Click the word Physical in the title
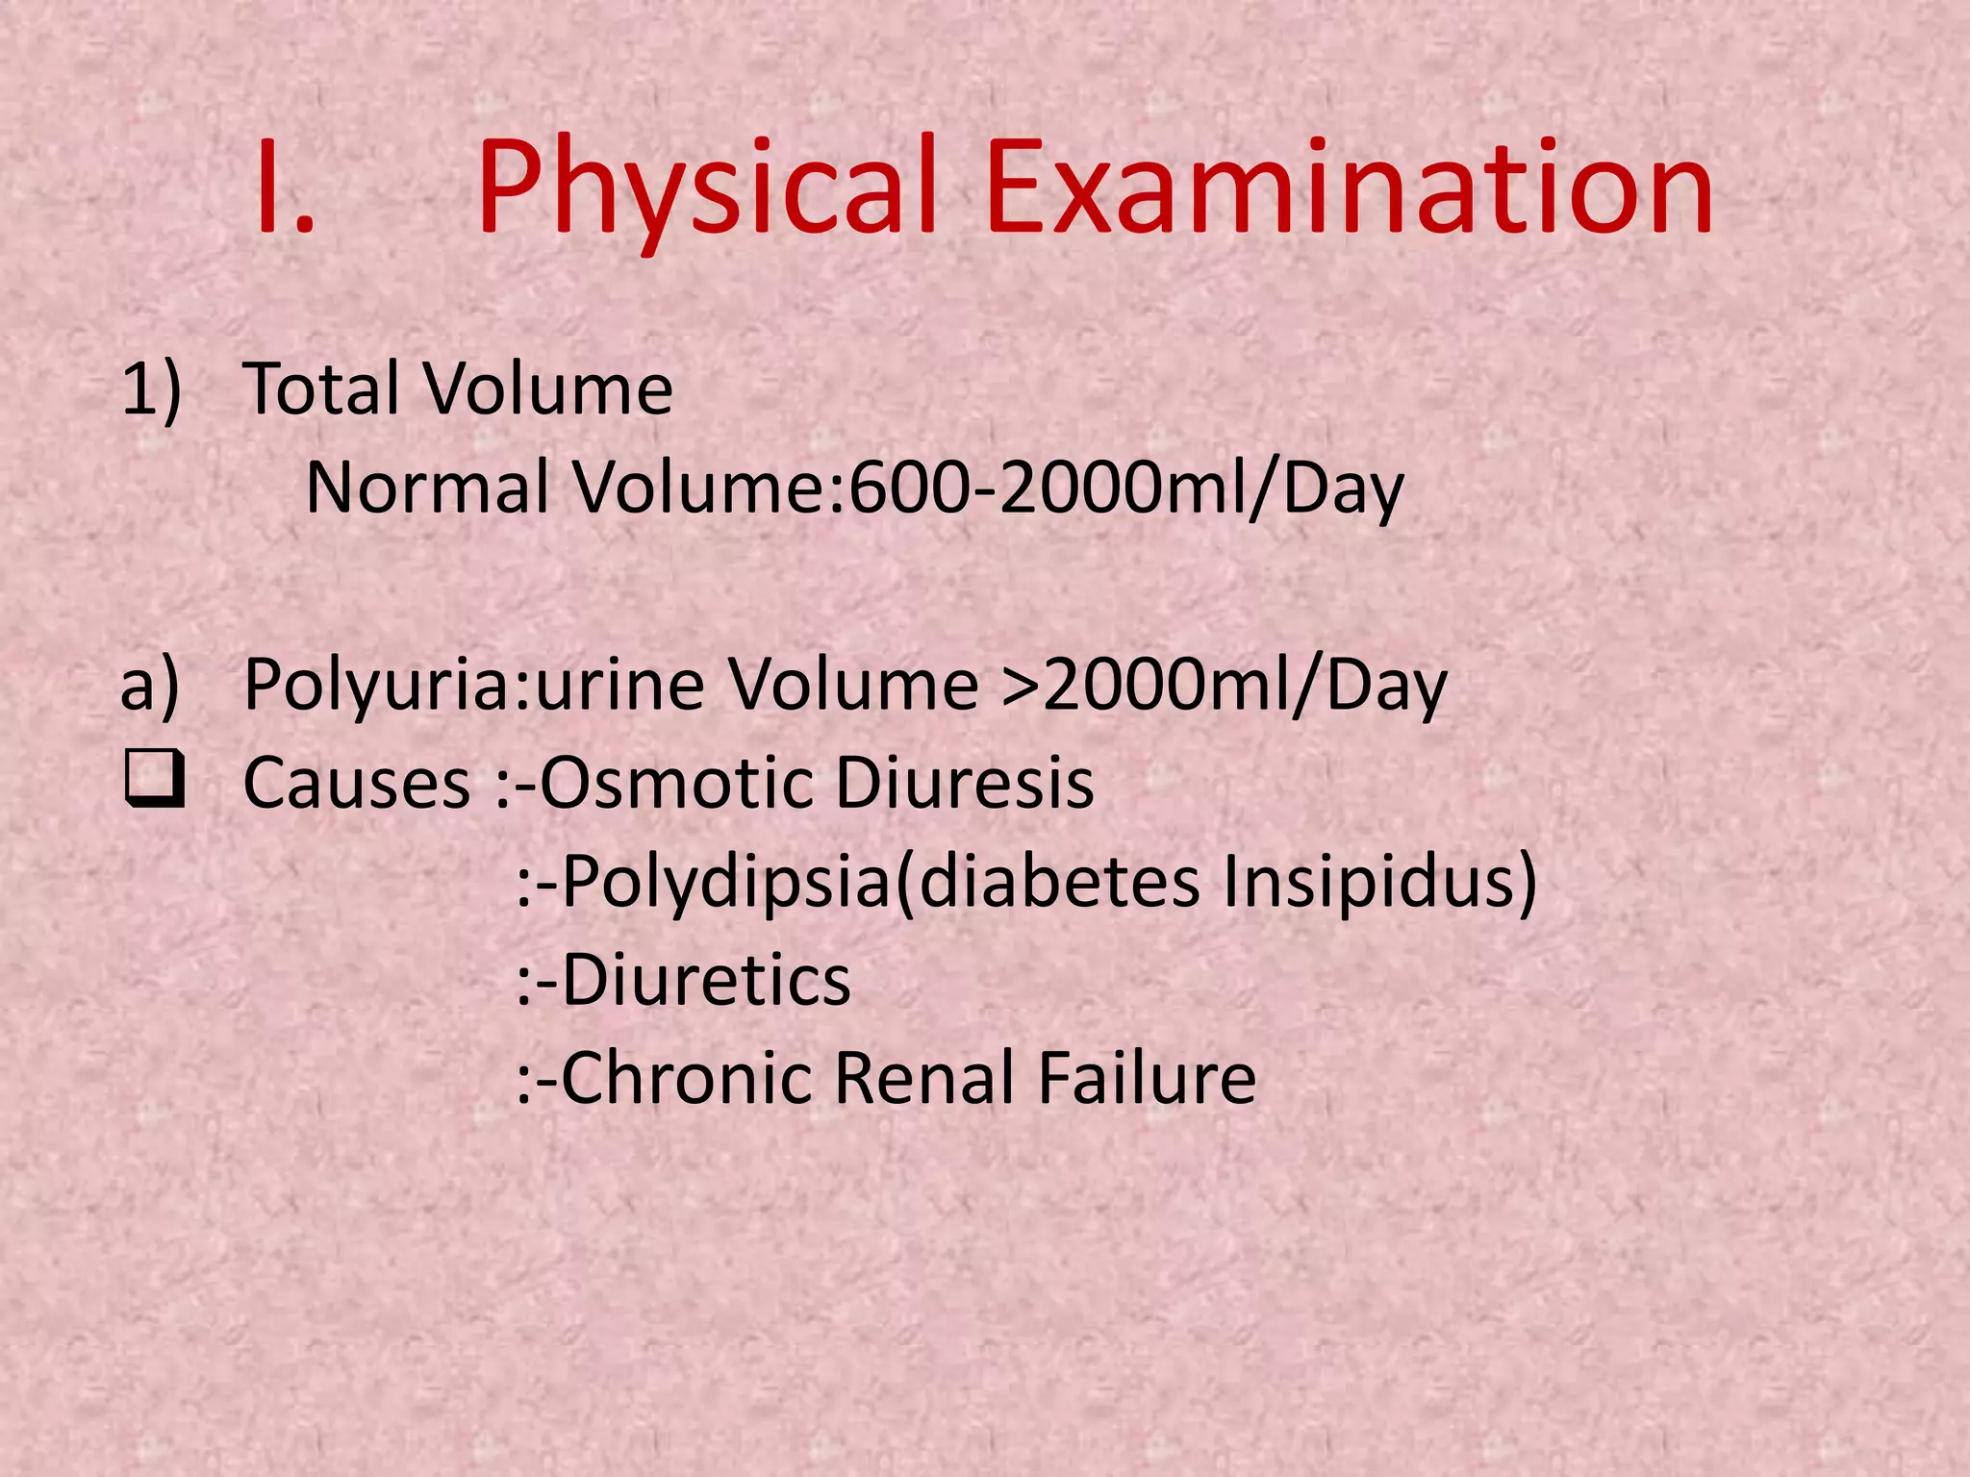[707, 188]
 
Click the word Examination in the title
[1349, 188]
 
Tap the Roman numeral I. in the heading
[285, 188]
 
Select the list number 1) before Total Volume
[151, 389]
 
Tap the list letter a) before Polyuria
[150, 686]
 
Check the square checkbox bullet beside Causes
[153, 783]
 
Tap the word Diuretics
[706, 982]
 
